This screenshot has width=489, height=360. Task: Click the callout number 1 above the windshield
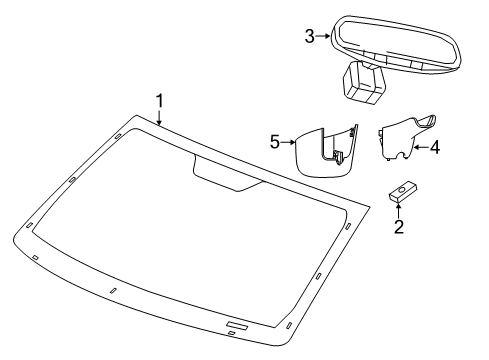pyautogui.click(x=158, y=100)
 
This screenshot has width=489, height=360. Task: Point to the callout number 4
pyautogui.click(x=436, y=147)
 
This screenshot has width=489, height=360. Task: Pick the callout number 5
pyautogui.click(x=274, y=142)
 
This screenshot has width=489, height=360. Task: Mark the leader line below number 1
pyautogui.click(x=159, y=116)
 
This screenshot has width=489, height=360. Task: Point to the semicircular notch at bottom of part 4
pyautogui.click(x=402, y=156)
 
